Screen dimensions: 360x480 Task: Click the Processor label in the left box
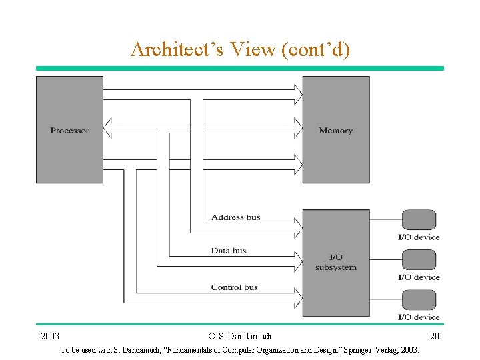[x=69, y=131]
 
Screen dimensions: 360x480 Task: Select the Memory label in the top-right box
[x=335, y=131]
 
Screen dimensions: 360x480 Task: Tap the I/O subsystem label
[x=336, y=262]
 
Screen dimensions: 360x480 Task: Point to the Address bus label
[x=235, y=217]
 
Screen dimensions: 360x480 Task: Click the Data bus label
[x=229, y=251]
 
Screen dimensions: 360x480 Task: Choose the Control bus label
[x=234, y=287]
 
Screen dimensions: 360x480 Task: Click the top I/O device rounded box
[x=419, y=220]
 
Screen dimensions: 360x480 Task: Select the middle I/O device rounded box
[x=419, y=260]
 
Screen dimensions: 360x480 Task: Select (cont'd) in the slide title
[x=317, y=50]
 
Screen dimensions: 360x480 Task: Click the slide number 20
[x=435, y=336]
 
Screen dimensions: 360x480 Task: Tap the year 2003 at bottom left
[x=50, y=336]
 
